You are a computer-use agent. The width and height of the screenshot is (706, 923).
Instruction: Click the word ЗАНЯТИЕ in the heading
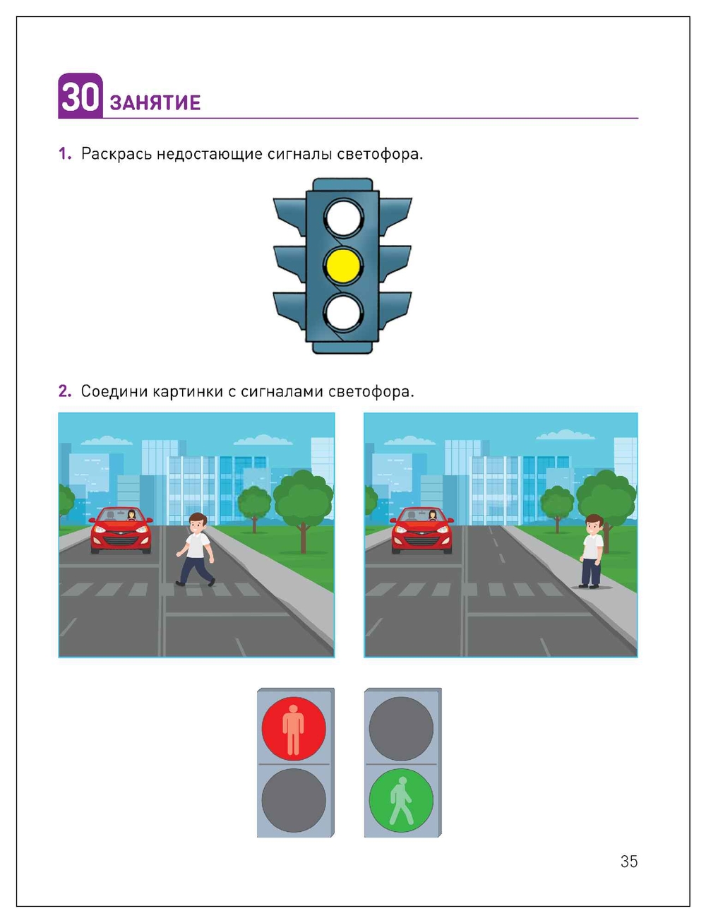click(x=155, y=103)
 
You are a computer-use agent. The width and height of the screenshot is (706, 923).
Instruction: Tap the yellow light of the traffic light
click(x=343, y=265)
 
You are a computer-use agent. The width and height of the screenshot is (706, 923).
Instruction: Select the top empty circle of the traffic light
click(x=343, y=218)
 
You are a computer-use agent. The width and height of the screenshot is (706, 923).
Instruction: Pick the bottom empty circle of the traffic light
click(x=343, y=313)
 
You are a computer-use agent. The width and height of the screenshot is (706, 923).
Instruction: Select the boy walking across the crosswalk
click(x=196, y=549)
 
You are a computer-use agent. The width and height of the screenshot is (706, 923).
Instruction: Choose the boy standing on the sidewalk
click(x=592, y=551)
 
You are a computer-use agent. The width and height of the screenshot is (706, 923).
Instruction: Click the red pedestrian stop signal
click(x=294, y=728)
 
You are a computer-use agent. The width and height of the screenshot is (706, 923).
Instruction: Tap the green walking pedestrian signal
click(x=401, y=801)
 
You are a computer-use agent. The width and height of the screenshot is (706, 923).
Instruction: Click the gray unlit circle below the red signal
click(x=294, y=801)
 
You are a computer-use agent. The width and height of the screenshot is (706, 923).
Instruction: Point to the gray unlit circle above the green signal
click(x=401, y=728)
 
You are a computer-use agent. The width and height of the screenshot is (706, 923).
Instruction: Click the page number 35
click(x=628, y=862)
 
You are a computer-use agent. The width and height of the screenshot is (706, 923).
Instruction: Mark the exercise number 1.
click(x=64, y=154)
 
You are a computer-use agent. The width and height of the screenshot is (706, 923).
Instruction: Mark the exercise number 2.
click(x=64, y=391)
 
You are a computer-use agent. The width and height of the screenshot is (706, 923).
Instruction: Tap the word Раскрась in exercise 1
click(x=116, y=154)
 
